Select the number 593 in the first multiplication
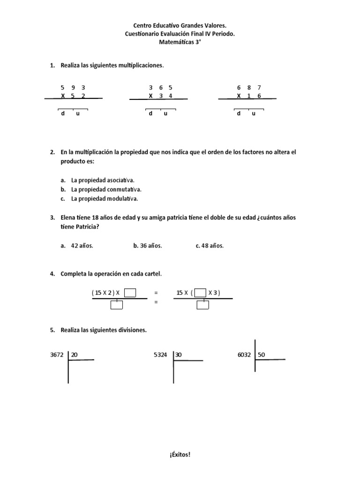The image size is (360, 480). (73, 88)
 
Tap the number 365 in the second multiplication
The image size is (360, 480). (160, 88)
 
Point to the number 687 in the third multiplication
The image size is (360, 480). (249, 88)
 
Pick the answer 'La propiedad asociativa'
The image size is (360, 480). (103, 180)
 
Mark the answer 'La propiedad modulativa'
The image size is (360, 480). (105, 199)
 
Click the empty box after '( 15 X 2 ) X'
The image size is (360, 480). (130, 293)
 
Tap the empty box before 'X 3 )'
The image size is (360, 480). (200, 293)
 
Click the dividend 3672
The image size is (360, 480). (57, 355)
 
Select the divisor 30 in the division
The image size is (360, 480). (179, 355)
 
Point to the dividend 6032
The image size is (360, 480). (245, 355)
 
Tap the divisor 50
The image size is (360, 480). (262, 355)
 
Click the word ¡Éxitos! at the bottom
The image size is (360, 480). (180, 454)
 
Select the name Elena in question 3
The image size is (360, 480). (69, 218)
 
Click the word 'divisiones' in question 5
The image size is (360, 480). (132, 330)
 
